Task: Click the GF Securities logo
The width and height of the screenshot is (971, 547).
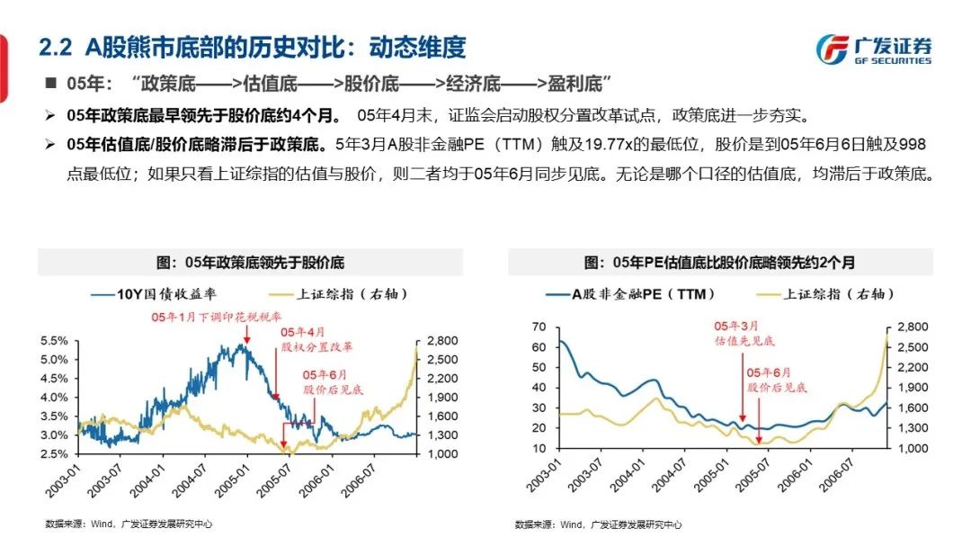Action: pyautogui.click(x=873, y=49)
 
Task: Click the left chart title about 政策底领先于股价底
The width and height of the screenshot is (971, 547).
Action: pyautogui.click(x=251, y=263)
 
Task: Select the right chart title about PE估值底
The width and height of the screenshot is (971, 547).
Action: pyautogui.click(x=719, y=263)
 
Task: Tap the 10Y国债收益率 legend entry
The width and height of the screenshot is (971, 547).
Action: pyautogui.click(x=154, y=293)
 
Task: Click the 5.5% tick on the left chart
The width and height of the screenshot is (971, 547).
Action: pyautogui.click(x=54, y=341)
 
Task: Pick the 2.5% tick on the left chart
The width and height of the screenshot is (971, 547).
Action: pyautogui.click(x=54, y=453)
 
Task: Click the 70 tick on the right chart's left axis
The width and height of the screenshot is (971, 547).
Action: pyautogui.click(x=539, y=327)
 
